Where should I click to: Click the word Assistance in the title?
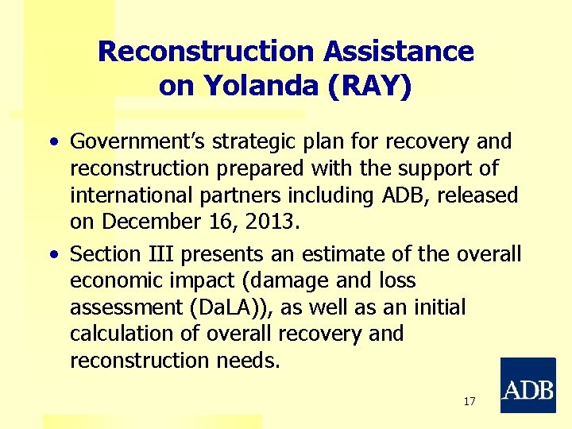click(x=399, y=52)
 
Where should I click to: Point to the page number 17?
click(x=469, y=401)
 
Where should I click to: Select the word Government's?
click(x=138, y=142)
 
